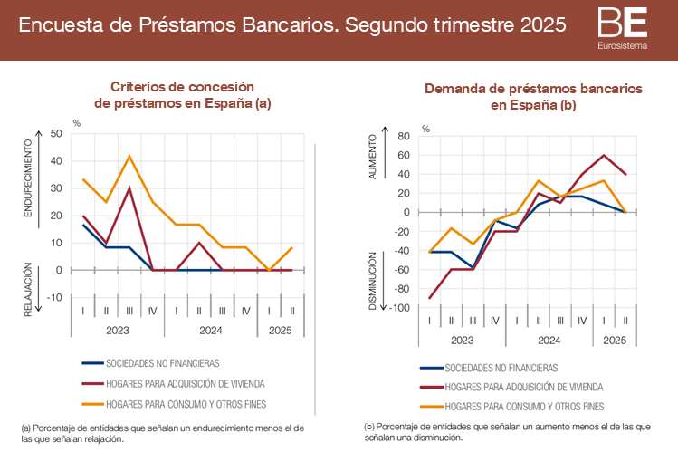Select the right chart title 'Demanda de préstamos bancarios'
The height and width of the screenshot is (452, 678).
(533, 90)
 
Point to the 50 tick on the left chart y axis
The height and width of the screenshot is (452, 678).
(56, 134)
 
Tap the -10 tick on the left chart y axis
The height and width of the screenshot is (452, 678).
(54, 297)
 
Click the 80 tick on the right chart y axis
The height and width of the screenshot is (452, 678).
(404, 137)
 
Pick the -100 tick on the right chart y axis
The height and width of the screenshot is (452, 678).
(400, 308)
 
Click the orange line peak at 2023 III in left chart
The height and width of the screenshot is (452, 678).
(129, 156)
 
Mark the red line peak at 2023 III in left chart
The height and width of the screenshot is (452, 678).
(129, 188)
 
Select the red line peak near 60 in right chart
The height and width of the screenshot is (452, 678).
(604, 155)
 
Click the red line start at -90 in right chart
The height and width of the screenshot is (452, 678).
(429, 298)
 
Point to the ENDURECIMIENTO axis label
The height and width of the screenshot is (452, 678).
(28, 178)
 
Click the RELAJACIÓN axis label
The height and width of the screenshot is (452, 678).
(28, 290)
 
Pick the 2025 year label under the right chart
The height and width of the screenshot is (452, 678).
(615, 341)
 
